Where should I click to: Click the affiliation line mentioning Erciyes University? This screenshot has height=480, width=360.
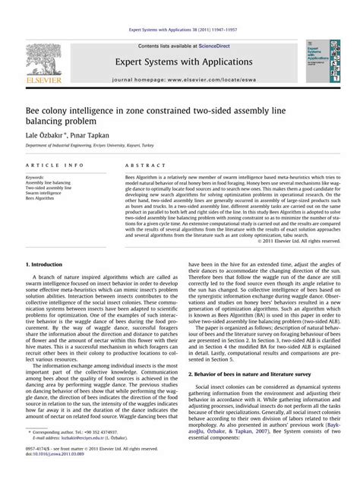(90, 144)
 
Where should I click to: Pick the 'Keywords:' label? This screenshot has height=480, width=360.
(35, 177)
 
